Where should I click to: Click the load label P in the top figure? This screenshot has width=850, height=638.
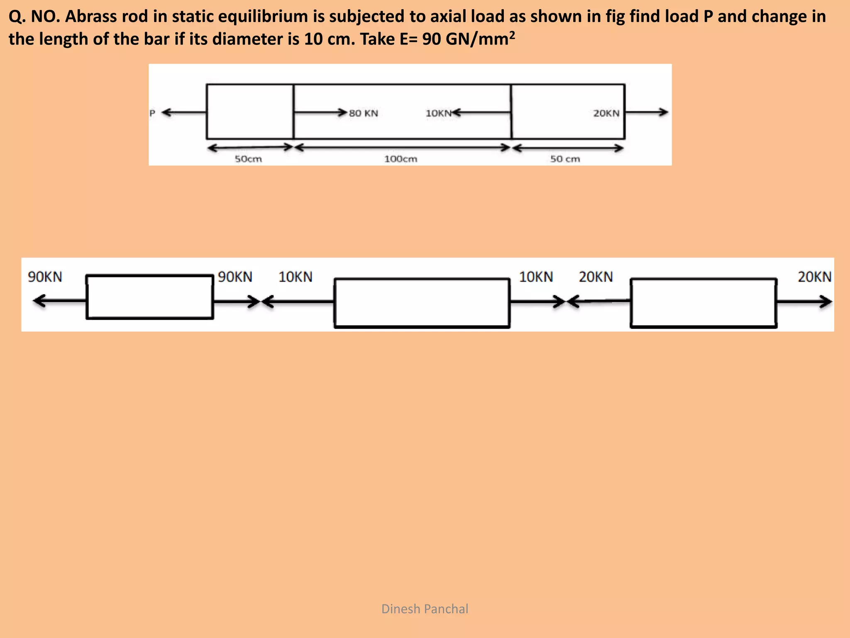click(x=152, y=113)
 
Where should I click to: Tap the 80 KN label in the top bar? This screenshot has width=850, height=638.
click(x=364, y=113)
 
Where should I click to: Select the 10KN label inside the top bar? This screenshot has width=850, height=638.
click(x=438, y=113)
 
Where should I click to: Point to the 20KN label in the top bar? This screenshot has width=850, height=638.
click(x=606, y=113)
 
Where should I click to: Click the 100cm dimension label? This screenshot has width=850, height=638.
click(x=401, y=159)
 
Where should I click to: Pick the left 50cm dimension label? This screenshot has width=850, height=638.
click(x=248, y=159)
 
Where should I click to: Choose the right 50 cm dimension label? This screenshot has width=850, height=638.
click(x=565, y=159)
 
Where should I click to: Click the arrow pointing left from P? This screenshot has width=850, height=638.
click(x=183, y=113)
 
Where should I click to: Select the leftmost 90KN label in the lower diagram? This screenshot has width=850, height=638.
click(x=45, y=277)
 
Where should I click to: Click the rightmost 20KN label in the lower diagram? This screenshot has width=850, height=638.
click(x=814, y=277)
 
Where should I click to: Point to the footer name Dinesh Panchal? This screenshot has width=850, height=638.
click(x=425, y=609)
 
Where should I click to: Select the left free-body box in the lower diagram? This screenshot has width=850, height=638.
click(x=150, y=297)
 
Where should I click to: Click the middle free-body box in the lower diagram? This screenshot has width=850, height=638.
click(x=422, y=303)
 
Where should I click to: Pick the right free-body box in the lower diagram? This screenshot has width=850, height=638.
click(x=703, y=303)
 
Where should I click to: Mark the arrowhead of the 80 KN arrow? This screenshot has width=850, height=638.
click(x=342, y=113)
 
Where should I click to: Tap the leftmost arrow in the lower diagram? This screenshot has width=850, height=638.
click(x=58, y=301)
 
